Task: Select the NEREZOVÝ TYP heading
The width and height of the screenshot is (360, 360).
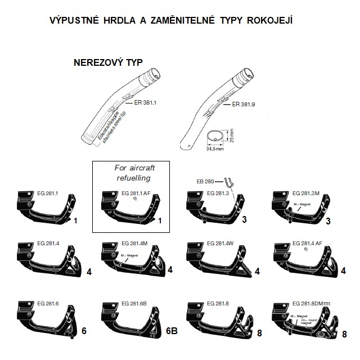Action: pyautogui.click(x=109, y=63)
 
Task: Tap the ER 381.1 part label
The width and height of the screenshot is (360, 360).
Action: pyautogui.click(x=145, y=103)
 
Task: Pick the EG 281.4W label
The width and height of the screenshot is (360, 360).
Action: pyautogui.click(x=219, y=243)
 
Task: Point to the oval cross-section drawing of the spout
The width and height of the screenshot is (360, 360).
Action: pyautogui.click(x=215, y=136)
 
